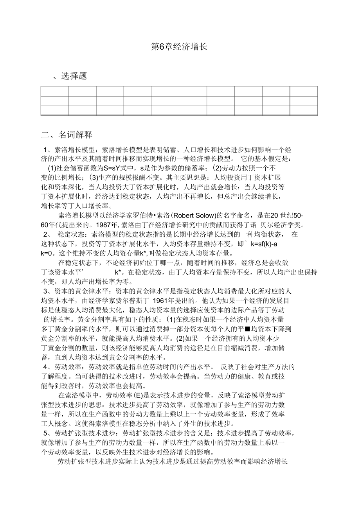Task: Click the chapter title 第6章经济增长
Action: tap(179, 47)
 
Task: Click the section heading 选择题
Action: tap(74, 76)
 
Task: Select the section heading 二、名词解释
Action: tap(67, 135)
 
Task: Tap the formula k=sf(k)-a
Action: tap(264, 244)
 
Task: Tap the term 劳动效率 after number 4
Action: tap(68, 367)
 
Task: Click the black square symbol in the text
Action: tap(247, 329)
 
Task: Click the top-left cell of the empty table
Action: tap(54, 91)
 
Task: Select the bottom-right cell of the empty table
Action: tap(304, 110)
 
